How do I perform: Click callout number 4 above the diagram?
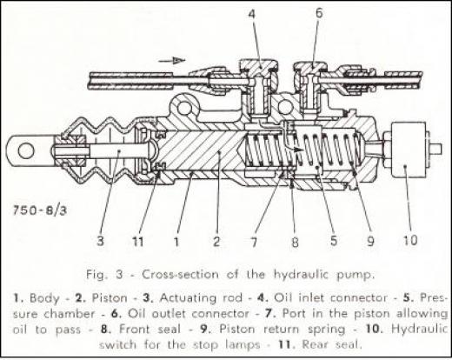pyautogui.click(x=252, y=14)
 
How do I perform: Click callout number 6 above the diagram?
pyautogui.click(x=319, y=13)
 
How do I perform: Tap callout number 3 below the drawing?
pyautogui.click(x=100, y=241)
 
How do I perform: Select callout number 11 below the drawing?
pyautogui.click(x=137, y=241)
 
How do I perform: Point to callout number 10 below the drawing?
pyautogui.click(x=410, y=240)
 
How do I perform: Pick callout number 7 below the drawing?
pyautogui.click(x=254, y=241)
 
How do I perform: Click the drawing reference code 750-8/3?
pyautogui.click(x=40, y=210)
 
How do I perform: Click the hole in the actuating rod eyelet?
pyautogui.click(x=26, y=151)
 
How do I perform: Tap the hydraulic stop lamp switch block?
pyautogui.click(x=409, y=150)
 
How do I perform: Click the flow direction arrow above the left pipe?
pyautogui.click(x=171, y=61)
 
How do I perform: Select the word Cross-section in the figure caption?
pyautogui.click(x=180, y=274)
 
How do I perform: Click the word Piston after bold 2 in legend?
pyautogui.click(x=110, y=298)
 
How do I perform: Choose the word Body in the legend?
pyautogui.click(x=44, y=298)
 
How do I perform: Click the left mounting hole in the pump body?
pyautogui.click(x=184, y=109)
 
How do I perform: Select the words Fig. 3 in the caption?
pyautogui.click(x=104, y=275)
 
